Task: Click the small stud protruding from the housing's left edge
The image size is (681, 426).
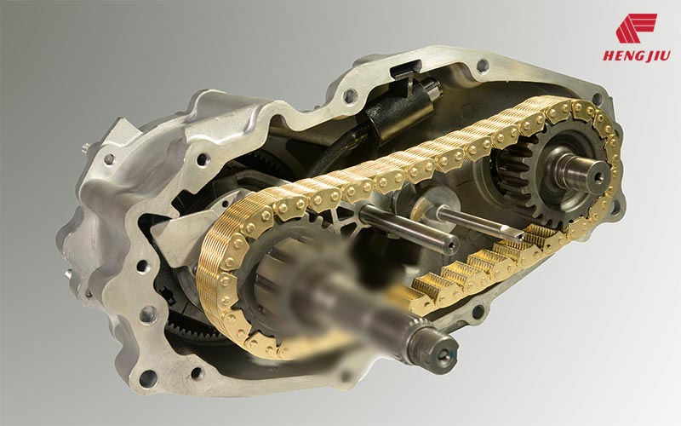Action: [x=87, y=147]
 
